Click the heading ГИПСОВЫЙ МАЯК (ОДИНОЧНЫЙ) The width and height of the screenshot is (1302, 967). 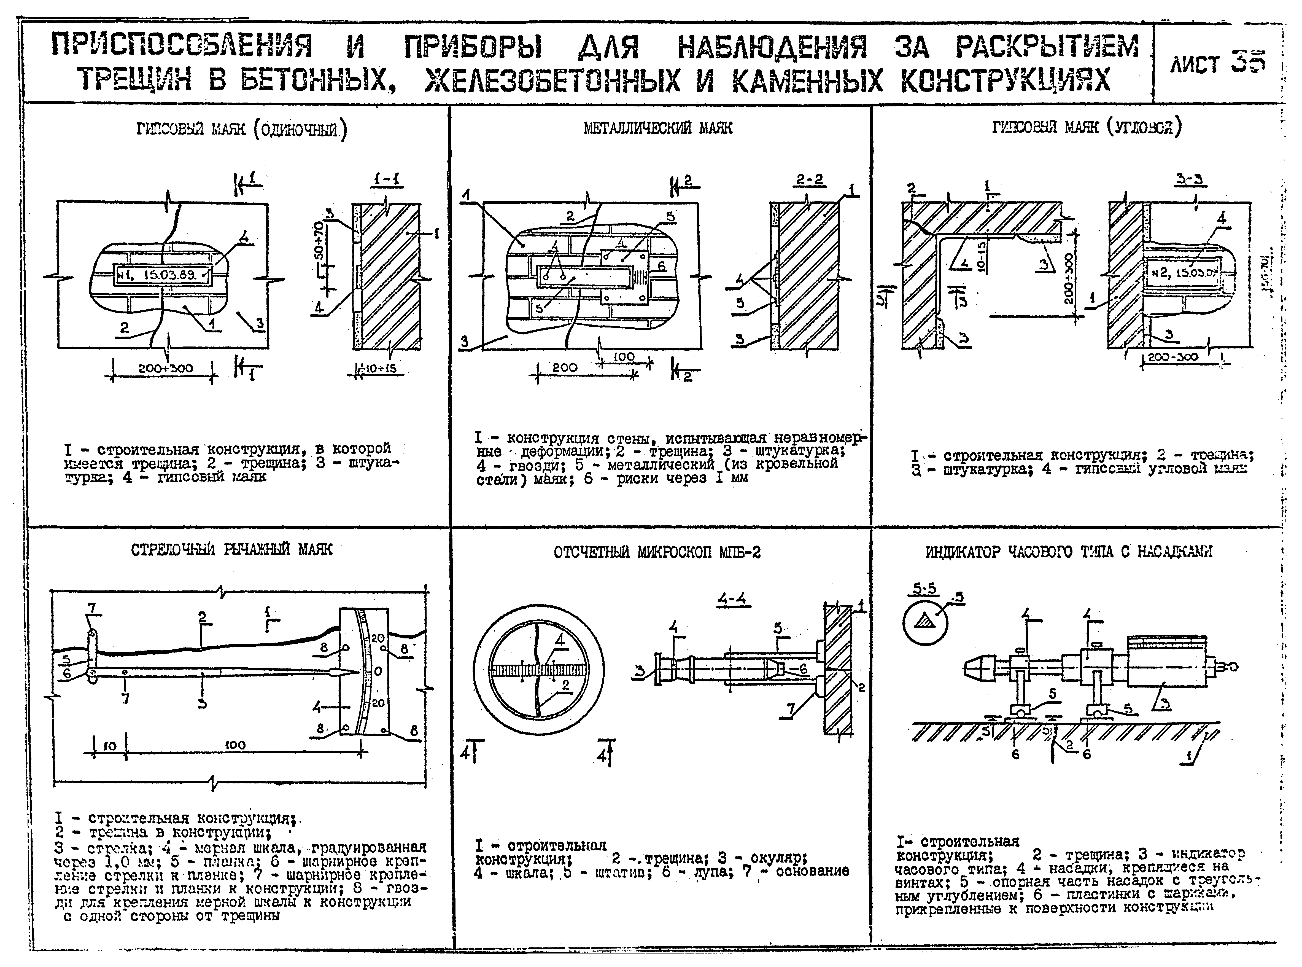click(241, 129)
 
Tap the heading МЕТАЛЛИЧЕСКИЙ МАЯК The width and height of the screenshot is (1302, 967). click(658, 128)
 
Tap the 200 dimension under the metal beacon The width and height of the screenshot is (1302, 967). click(564, 368)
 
